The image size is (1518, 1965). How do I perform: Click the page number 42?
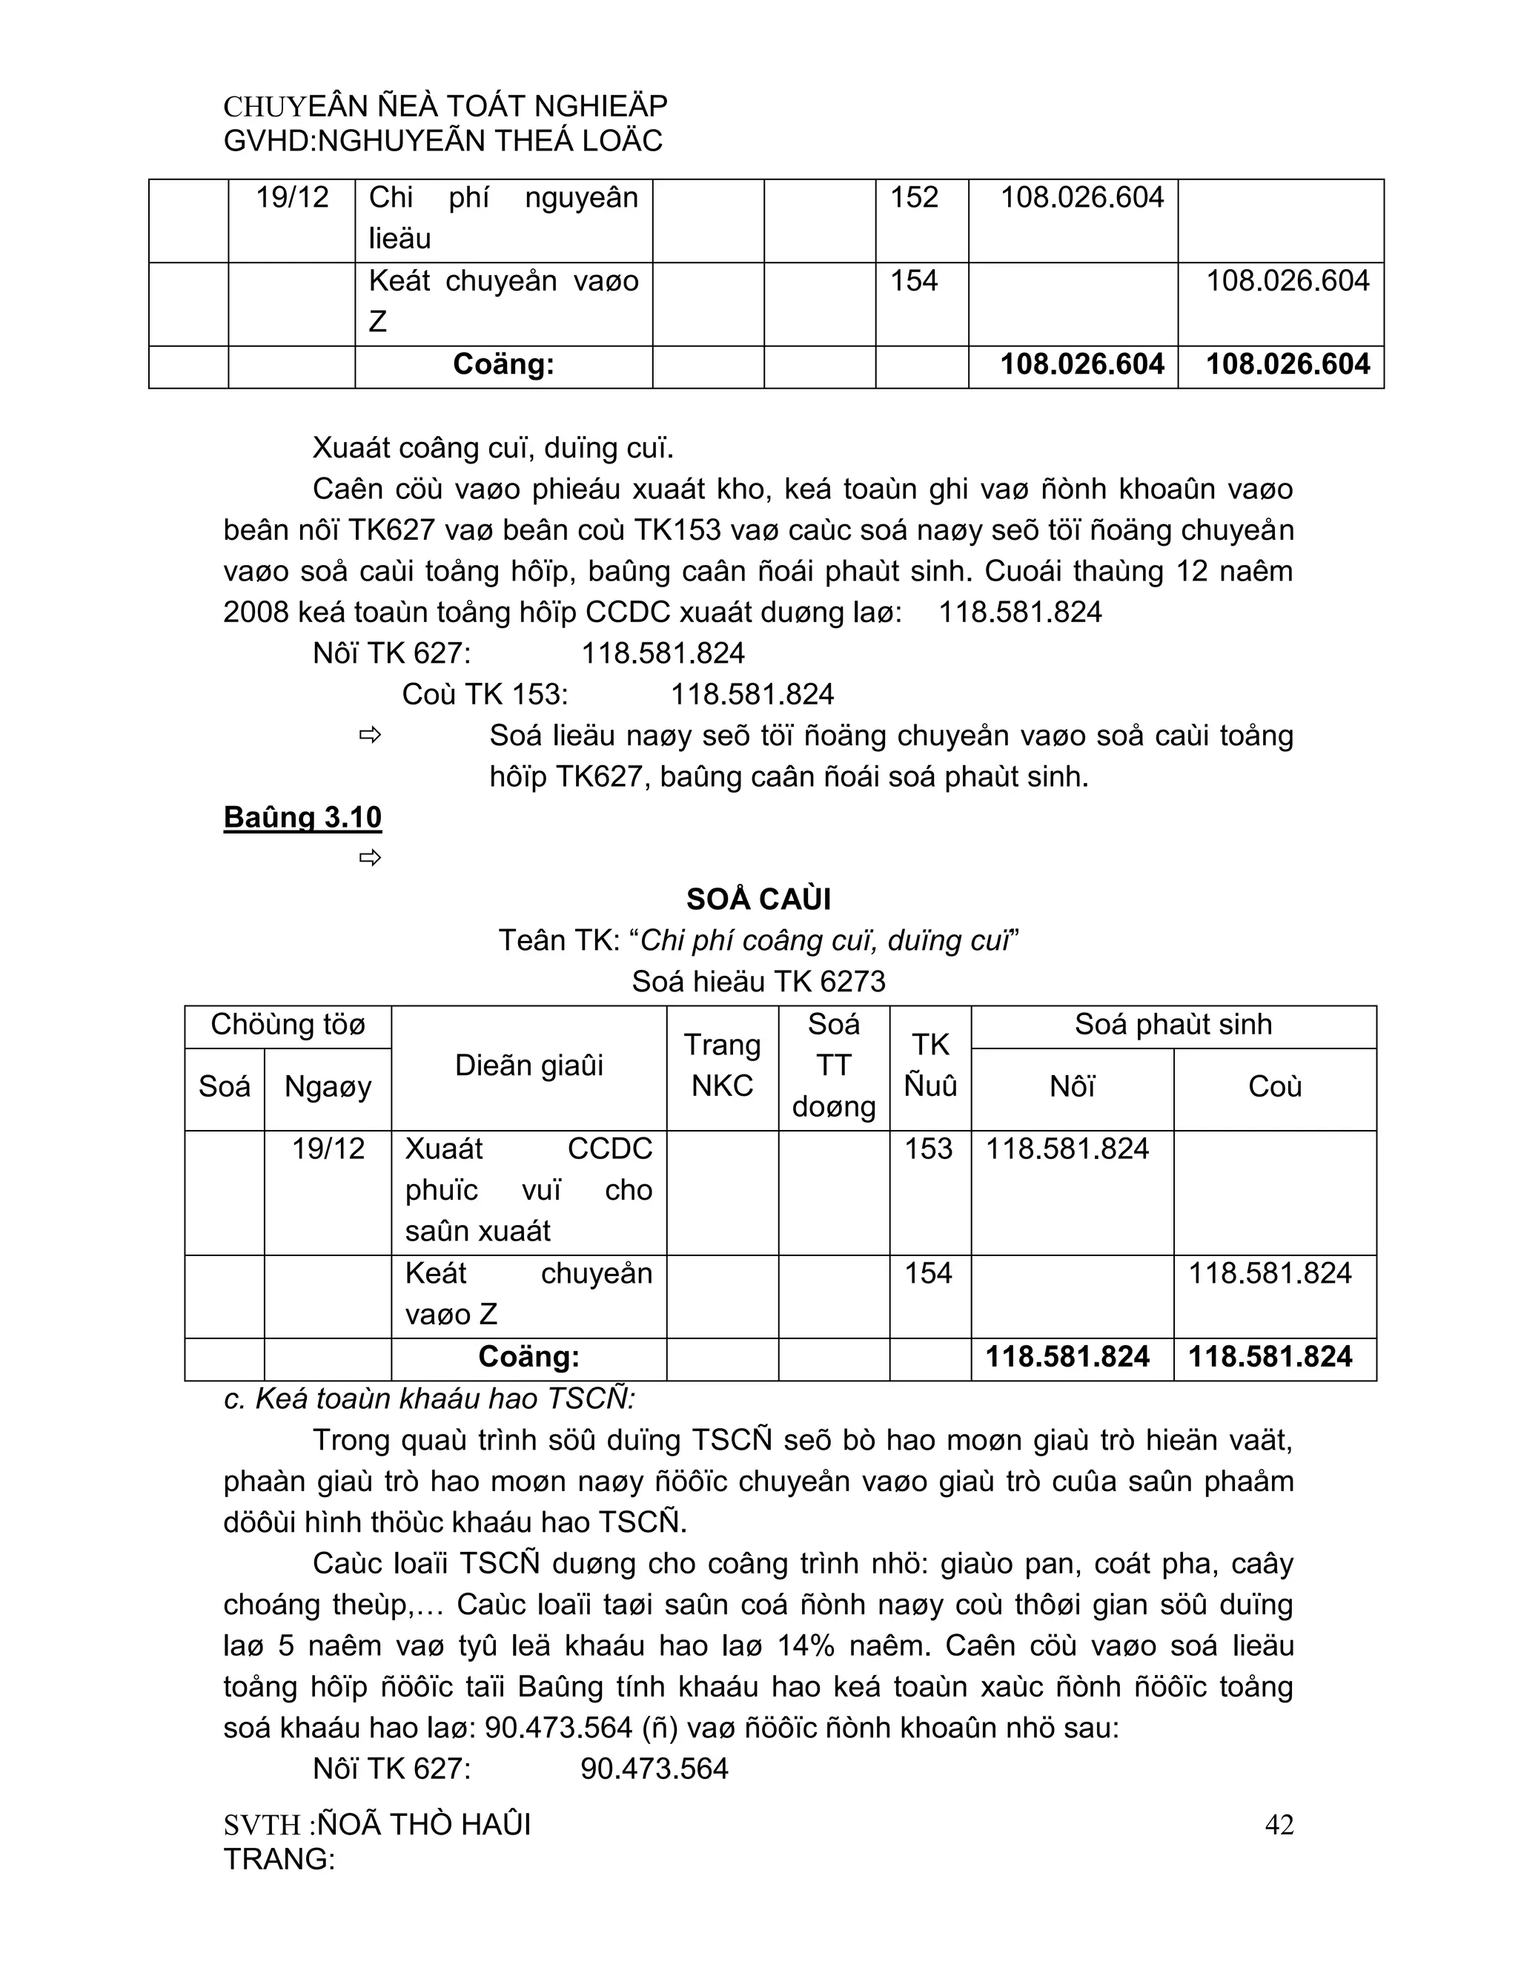click(1278, 1825)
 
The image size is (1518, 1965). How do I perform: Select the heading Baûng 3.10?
click(302, 817)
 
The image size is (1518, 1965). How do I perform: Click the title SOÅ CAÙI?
click(758, 899)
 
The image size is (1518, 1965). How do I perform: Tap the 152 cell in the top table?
click(914, 197)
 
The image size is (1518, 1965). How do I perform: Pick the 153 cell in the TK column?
click(928, 1149)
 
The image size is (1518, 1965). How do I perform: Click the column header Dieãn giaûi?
click(528, 1066)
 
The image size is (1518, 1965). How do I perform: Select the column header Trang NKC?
click(722, 1066)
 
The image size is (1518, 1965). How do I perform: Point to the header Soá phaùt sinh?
click(1173, 1025)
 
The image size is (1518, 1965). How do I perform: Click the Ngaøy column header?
click(328, 1087)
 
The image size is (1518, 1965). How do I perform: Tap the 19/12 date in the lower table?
click(328, 1149)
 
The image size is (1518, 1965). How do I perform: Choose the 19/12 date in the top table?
click(292, 197)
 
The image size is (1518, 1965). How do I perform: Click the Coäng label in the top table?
click(503, 364)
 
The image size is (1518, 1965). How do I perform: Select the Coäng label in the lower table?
click(528, 1357)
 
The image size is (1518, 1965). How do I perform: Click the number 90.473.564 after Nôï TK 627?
click(654, 1768)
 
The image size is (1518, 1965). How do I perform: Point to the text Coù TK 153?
click(485, 695)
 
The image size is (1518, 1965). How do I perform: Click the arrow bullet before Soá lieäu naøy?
click(370, 736)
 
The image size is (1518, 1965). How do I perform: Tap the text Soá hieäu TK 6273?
click(758, 982)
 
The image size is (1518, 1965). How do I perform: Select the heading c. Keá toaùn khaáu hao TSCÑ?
click(429, 1399)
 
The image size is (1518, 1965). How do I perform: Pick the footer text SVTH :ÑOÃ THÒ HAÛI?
click(377, 1825)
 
